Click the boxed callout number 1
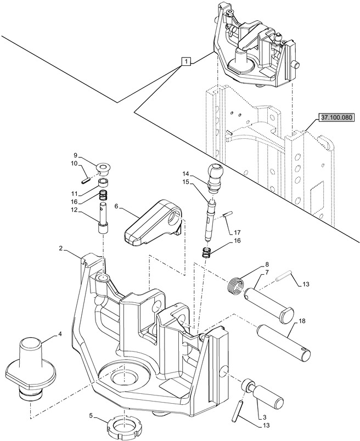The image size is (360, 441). [187, 61]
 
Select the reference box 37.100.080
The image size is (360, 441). [336, 117]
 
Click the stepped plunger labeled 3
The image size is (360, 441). [263, 392]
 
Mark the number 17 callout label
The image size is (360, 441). [237, 233]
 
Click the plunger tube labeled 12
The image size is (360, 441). [103, 217]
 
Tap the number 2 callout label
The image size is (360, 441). [61, 248]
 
